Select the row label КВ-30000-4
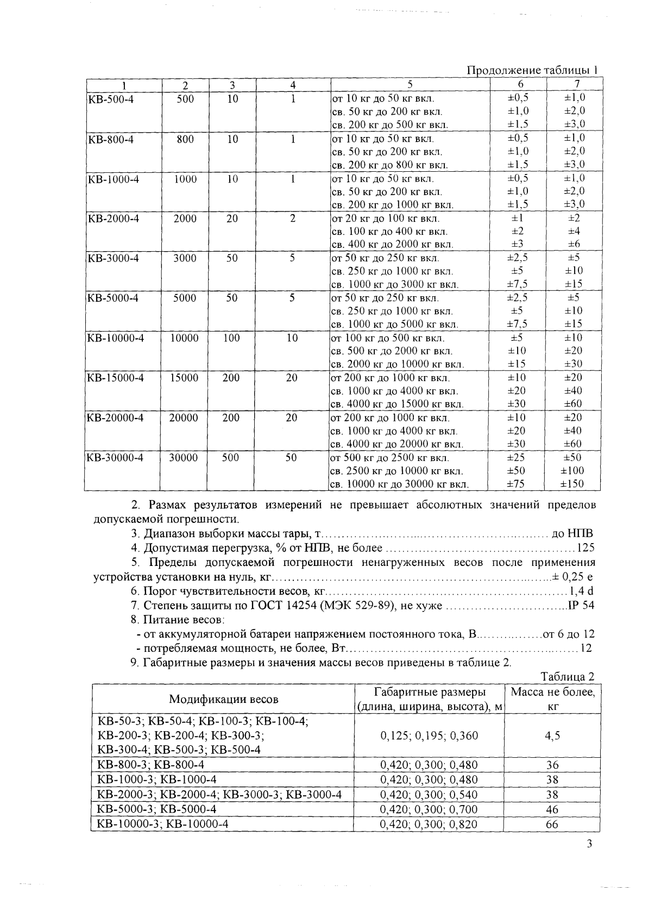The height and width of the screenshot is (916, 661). [x=115, y=458]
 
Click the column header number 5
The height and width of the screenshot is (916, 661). [x=410, y=85]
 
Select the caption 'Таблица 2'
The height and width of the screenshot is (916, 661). [x=568, y=677]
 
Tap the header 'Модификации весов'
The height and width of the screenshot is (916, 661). [x=223, y=699]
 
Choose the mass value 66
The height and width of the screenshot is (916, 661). [x=552, y=825]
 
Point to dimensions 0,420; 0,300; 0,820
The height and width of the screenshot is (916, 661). [x=429, y=825]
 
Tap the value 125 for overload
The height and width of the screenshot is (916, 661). [x=586, y=548]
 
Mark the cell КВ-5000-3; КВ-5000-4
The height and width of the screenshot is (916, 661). [x=156, y=809]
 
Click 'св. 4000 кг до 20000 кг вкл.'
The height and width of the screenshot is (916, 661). [x=396, y=445]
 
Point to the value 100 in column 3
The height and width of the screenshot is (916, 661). [x=231, y=338]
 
